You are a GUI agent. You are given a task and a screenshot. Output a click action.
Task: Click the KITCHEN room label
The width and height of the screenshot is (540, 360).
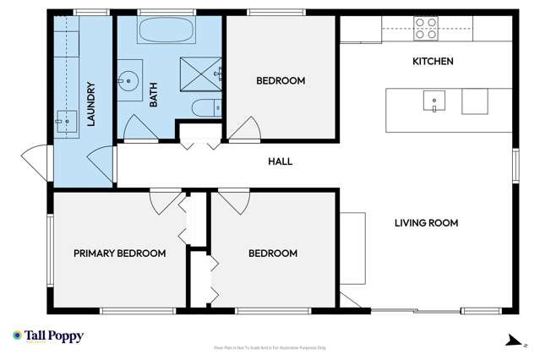point(432,62)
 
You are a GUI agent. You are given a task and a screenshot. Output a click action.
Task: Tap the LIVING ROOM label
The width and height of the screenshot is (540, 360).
point(426,223)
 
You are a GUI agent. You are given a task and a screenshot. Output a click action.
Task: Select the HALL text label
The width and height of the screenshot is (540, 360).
point(280,161)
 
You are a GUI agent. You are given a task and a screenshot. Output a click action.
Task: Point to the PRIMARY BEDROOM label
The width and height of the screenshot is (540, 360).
point(119,253)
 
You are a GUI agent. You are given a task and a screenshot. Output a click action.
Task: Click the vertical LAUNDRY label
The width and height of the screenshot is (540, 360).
point(90,104)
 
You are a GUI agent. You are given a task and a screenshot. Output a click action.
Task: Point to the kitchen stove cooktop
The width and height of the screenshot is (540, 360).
point(426,28)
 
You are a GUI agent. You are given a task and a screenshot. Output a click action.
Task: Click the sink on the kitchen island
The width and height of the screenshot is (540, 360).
point(434,101)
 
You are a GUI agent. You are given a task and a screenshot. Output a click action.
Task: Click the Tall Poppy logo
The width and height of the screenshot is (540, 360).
point(48,336)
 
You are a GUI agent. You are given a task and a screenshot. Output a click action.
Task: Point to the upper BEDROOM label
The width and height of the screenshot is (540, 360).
point(280,81)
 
